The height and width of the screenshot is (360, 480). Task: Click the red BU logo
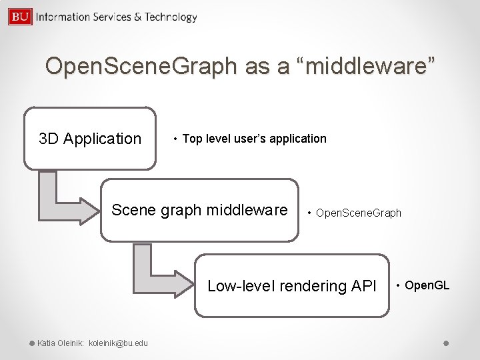(20, 16)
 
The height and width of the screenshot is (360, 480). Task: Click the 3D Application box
(90, 139)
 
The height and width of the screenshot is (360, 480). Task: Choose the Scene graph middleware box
(199, 210)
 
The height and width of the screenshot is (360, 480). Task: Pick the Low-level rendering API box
(291, 286)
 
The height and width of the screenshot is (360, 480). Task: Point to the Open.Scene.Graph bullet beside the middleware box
(358, 213)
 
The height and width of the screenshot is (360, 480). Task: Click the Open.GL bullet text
(427, 286)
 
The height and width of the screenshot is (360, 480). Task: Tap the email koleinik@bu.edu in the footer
(119, 343)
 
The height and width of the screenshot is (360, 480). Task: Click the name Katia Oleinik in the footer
(60, 343)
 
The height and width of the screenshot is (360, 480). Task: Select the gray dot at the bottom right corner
(447, 343)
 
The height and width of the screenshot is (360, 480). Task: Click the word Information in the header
(63, 17)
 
